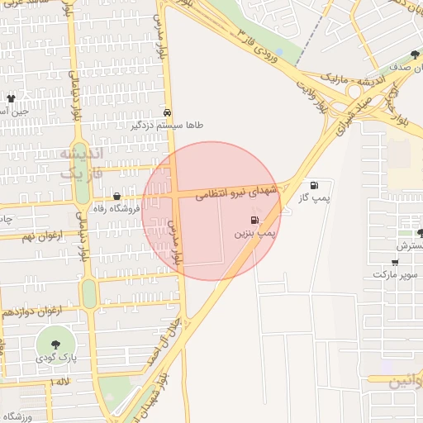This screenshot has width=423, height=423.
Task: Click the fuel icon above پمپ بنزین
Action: [254, 220]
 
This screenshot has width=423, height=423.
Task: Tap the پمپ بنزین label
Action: [255, 235]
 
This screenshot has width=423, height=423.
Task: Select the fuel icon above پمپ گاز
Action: [314, 185]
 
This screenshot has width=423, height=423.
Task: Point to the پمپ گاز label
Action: [314, 199]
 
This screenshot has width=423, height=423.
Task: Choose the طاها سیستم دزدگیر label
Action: [167, 126]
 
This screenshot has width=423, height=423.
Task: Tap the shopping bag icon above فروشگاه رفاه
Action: [116, 197]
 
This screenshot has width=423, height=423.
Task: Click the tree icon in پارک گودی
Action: [56, 344]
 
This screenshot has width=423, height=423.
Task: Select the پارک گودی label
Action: [56, 359]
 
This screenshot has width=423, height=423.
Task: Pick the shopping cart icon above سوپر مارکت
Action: [395, 261]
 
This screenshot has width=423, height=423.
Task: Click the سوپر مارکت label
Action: [396, 274]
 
